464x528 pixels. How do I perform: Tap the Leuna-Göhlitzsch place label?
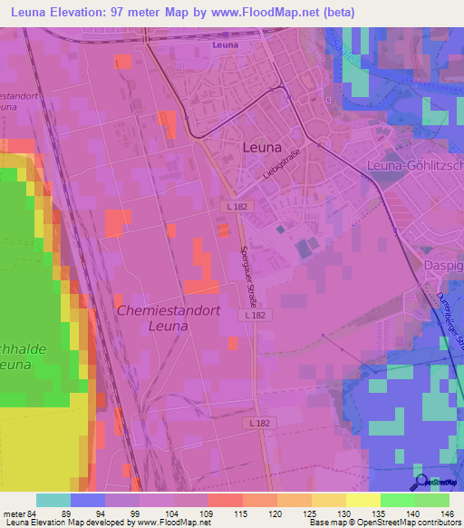pyautogui.click(x=414, y=164)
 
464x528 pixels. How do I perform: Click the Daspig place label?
pyautogui.click(x=443, y=265)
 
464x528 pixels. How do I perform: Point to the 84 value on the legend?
pyautogui.click(x=31, y=513)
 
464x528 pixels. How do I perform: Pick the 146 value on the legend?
pyautogui.click(x=447, y=513)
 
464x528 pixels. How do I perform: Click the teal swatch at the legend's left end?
pyautogui.click(x=53, y=500)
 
